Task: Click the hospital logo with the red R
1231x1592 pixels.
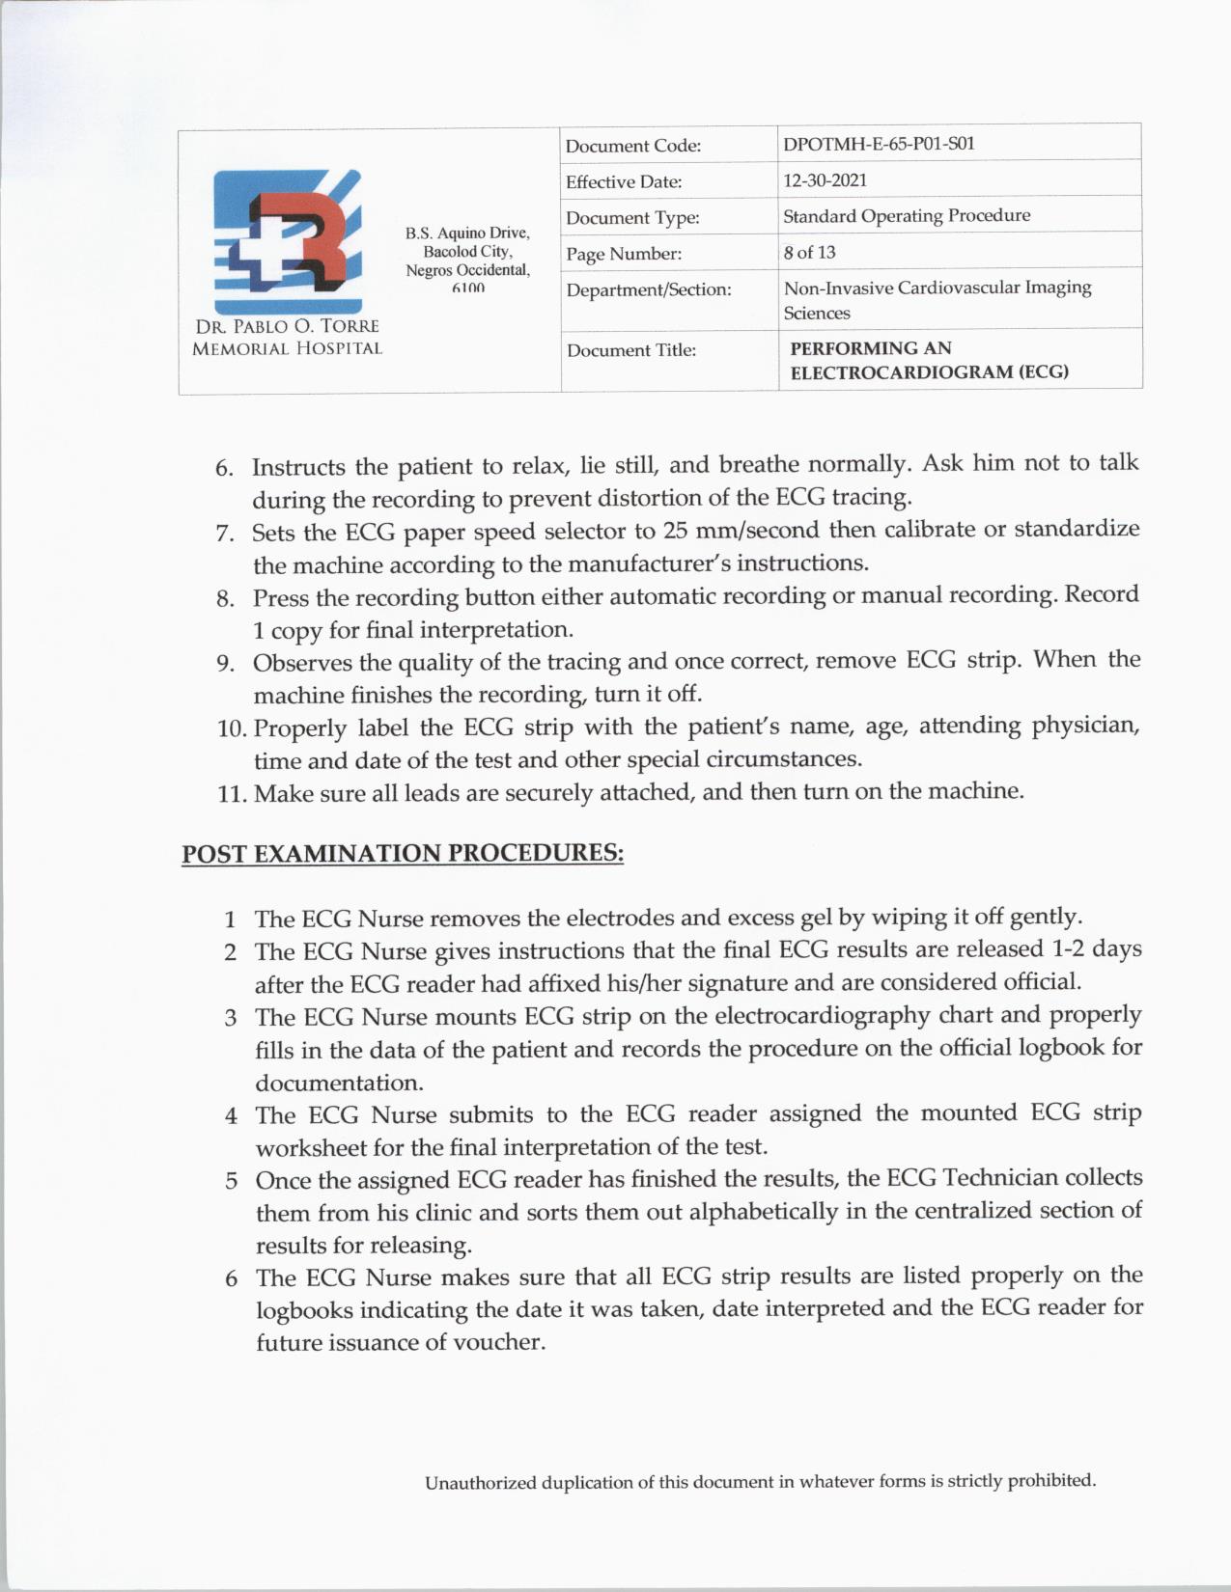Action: [x=287, y=232]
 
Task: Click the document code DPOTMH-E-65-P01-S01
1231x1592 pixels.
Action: [x=879, y=144]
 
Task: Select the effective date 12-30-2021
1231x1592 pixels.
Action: [x=825, y=180]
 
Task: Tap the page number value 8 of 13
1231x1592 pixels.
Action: [x=809, y=253]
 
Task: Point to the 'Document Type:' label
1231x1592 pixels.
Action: [x=632, y=218]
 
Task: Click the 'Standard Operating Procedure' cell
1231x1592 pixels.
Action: [x=906, y=216]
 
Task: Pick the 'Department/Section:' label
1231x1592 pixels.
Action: [x=648, y=289]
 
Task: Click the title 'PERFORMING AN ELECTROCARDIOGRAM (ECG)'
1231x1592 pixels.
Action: [x=928, y=360]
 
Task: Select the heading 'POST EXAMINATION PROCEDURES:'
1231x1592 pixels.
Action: [x=403, y=854]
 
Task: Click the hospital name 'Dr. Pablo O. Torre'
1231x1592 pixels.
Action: [x=287, y=326]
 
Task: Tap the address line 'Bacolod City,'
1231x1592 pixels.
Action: [x=467, y=252]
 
